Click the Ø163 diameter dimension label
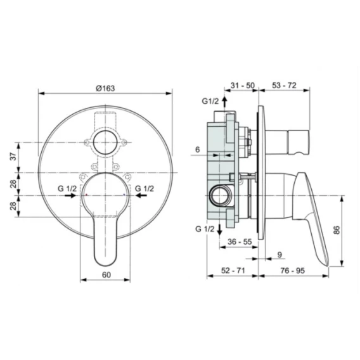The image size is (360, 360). click(105, 88)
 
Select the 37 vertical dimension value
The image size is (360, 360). click(14, 157)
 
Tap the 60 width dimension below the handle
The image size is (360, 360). click(106, 275)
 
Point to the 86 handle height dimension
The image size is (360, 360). click(337, 230)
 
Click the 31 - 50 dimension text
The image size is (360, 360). click(243, 86)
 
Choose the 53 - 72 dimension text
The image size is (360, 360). click(284, 85)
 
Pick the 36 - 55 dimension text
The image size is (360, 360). click(240, 241)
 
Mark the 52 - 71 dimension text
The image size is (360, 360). click(233, 271)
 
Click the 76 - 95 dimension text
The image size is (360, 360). click(293, 271)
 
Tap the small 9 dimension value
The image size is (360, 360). click(280, 255)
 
